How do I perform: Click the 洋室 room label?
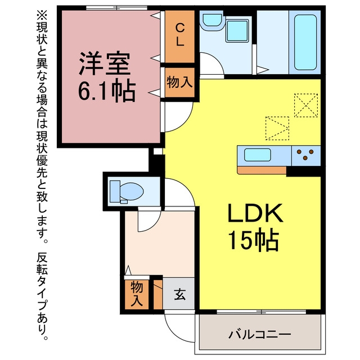coord(105,64)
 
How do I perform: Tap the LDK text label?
coord(255,213)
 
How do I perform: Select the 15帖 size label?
coord(254,240)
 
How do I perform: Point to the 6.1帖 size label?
coord(107,91)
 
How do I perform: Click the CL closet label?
coord(180,35)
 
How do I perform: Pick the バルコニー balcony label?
coord(260,335)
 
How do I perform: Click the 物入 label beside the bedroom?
coord(179,82)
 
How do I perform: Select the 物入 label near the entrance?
coord(137,294)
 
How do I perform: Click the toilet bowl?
coord(132,191)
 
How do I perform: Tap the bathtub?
coord(305,43)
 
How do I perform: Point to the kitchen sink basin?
coord(258,155)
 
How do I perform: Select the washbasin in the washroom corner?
coord(212,20)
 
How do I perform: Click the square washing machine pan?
coord(237,31)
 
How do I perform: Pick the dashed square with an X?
coord(306,105)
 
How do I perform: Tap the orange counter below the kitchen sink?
coord(262,170)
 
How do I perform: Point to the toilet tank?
coord(115,191)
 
